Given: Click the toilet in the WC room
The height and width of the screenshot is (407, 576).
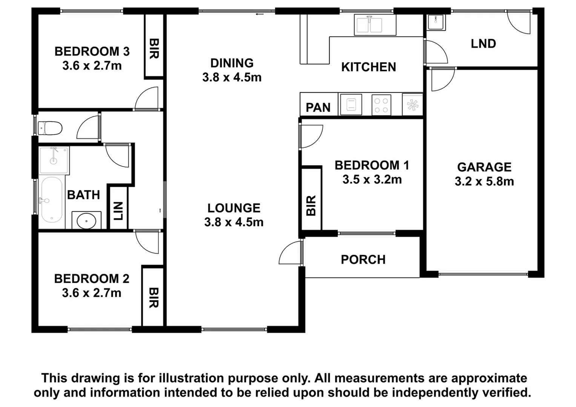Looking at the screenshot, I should (51, 128).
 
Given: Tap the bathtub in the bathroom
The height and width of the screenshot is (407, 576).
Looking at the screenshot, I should (51, 200).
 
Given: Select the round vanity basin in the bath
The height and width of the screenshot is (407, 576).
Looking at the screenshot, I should (86, 221).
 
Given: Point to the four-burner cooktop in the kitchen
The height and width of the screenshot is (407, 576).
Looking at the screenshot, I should (381, 105).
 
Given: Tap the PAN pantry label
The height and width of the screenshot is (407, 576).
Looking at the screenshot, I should (318, 107).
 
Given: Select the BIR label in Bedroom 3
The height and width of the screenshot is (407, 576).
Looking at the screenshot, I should (154, 49).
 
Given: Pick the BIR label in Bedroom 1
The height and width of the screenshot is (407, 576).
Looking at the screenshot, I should (311, 205).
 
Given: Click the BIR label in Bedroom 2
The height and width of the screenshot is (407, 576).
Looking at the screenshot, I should (153, 298).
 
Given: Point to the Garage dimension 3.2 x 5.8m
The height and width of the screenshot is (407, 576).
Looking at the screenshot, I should (484, 181).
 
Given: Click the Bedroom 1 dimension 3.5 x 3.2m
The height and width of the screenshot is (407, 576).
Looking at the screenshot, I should (372, 179).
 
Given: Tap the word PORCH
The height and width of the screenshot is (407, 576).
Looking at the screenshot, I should (363, 259).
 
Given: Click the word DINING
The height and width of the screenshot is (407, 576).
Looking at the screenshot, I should (232, 63).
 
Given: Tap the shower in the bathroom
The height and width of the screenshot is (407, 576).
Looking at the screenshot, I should (54, 160).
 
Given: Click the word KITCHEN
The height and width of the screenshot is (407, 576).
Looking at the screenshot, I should (369, 67).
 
